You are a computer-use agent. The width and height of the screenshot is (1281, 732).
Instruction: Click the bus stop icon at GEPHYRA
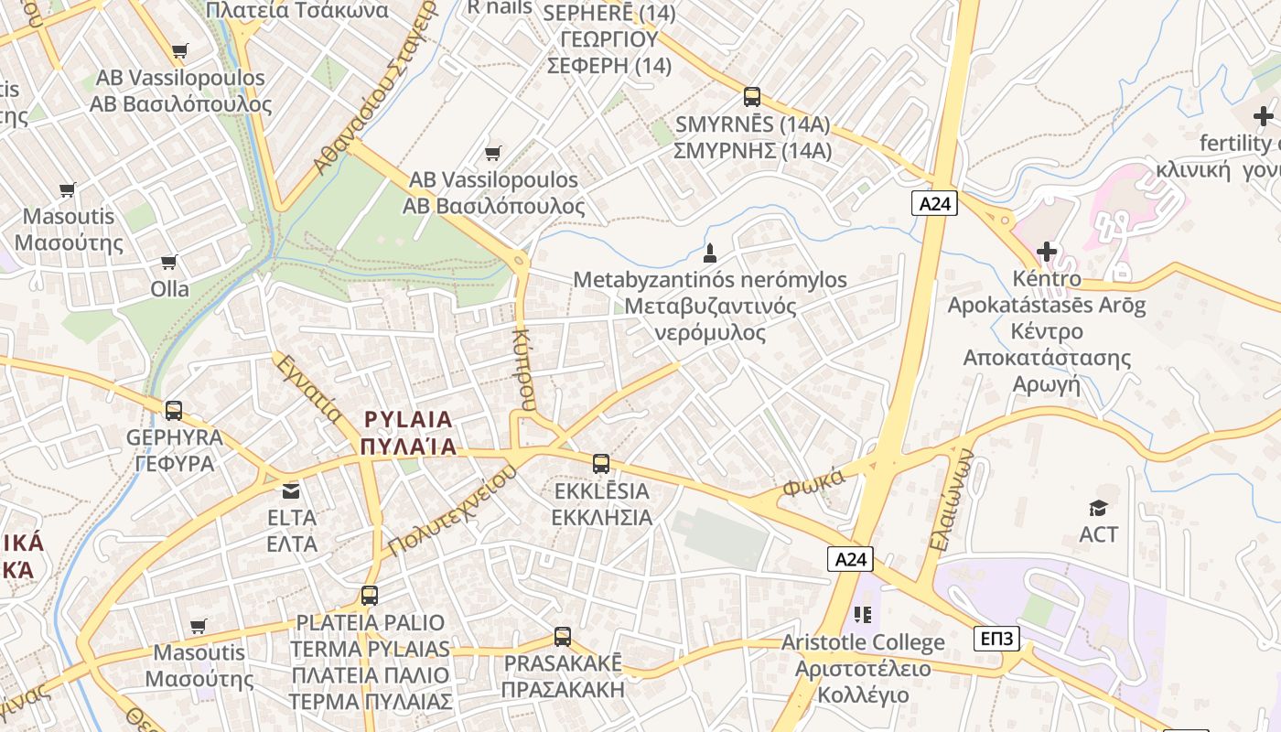coord(174,411)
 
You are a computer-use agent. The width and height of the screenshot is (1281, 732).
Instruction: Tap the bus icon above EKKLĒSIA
coord(601,464)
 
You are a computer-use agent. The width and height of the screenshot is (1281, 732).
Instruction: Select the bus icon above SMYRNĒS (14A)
coord(752,97)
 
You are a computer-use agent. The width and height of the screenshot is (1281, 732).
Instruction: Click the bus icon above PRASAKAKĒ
coord(563,637)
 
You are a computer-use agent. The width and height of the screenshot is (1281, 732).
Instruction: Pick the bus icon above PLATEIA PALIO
coord(370,596)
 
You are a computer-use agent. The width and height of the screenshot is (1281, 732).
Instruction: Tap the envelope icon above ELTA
coord(291,491)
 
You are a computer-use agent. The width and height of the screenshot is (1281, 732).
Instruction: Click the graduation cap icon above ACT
coord(1098,508)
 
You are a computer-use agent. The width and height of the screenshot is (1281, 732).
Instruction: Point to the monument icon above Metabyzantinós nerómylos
coord(709,253)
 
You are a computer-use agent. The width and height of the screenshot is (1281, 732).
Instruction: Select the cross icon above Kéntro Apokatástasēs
coord(1047,251)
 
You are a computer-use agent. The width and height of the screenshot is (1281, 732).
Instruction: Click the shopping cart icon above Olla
coord(169,263)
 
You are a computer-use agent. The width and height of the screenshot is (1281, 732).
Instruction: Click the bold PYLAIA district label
coord(408,420)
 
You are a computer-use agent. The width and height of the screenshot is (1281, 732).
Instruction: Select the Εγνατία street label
coord(308,389)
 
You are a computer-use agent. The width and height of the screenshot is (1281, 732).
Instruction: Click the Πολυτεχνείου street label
coord(452,511)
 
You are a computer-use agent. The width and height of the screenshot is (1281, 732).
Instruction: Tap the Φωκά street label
coord(810,485)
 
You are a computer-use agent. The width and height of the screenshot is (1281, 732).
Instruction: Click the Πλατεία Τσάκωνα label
coord(297,11)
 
